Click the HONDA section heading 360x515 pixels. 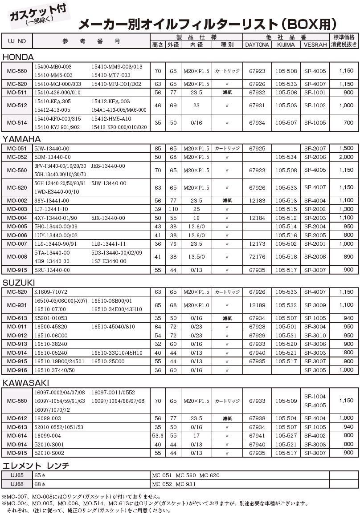(x=18, y=57)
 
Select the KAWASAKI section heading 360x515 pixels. (x=25, y=383)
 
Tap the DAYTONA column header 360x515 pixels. (x=257, y=45)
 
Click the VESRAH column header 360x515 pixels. (x=315, y=45)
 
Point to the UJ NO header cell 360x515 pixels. (x=17, y=41)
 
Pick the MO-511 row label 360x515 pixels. (x=17, y=93)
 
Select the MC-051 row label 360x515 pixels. (x=17, y=148)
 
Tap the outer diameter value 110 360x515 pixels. (x=173, y=209)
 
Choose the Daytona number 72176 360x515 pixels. (x=257, y=257)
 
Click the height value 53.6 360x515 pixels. (x=158, y=436)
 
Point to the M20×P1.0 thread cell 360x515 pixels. (x=196, y=305)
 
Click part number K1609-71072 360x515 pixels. (x=51, y=292)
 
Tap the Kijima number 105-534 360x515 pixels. (x=286, y=157)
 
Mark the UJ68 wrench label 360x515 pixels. (x=17, y=484)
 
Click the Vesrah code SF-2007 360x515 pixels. (x=315, y=148)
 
